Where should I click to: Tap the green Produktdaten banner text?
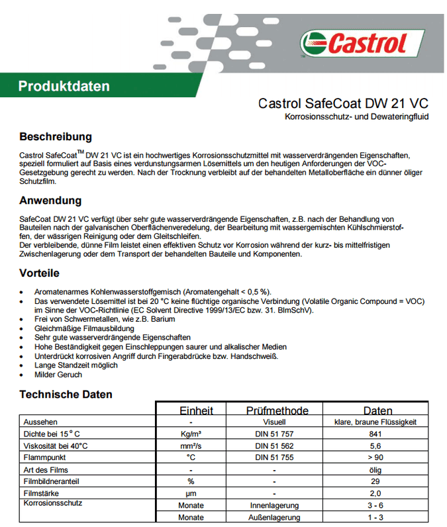(x=64, y=86)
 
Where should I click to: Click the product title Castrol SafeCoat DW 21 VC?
(x=342, y=104)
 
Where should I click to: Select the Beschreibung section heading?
(x=55, y=137)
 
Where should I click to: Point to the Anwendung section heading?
(x=50, y=201)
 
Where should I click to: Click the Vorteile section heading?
(x=40, y=273)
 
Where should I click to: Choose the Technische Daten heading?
(x=66, y=395)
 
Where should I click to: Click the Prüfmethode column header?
(x=277, y=410)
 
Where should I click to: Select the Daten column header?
(x=377, y=410)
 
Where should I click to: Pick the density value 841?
(x=375, y=434)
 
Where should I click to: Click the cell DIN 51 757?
(x=274, y=434)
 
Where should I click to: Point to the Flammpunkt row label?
(x=45, y=457)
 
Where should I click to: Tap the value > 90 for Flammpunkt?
(x=375, y=457)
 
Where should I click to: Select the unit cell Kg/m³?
(x=191, y=434)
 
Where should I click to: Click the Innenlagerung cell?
(x=274, y=505)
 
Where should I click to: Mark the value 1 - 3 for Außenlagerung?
(x=375, y=517)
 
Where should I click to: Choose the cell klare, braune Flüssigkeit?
(x=375, y=422)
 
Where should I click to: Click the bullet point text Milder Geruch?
(x=58, y=375)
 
